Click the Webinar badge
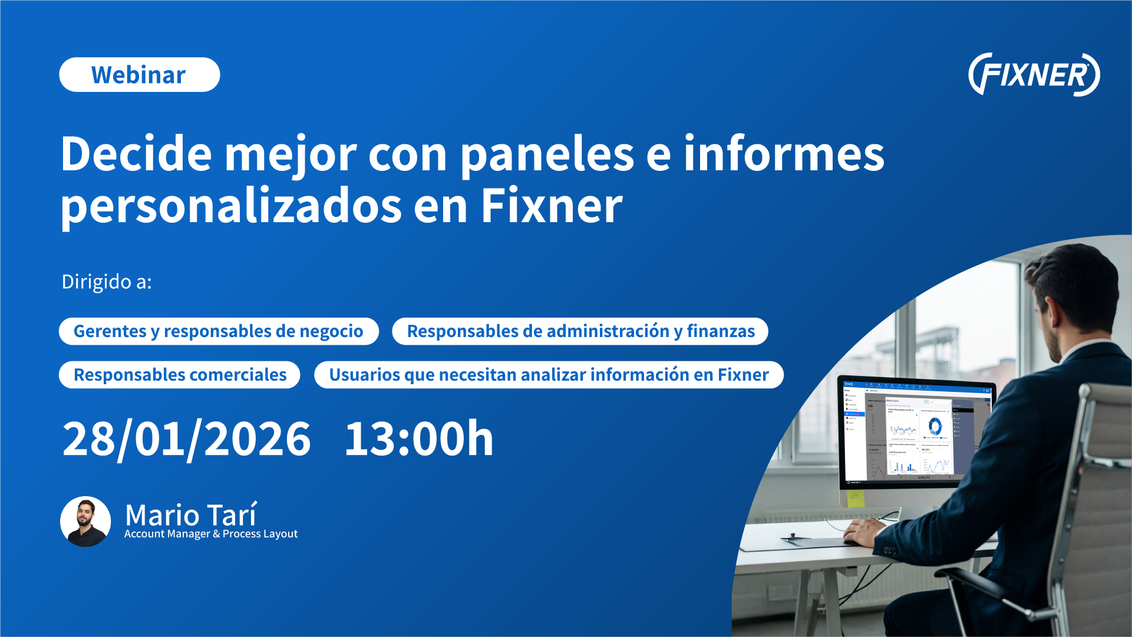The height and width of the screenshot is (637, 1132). point(140,75)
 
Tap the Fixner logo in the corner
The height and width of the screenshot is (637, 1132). point(1034,75)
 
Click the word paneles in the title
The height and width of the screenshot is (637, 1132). point(547,154)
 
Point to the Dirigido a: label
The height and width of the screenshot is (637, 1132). point(107,282)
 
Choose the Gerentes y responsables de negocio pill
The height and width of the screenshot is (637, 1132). point(219,331)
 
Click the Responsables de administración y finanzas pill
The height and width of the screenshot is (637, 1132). point(580,331)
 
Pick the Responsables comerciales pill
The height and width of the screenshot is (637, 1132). point(180,375)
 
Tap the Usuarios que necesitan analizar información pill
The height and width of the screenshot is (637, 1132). point(549,375)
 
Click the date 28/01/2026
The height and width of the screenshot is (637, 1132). point(186,439)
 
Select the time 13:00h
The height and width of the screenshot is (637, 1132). point(418,439)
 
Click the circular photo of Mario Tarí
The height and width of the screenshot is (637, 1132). point(85,522)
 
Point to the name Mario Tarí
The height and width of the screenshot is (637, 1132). point(191,515)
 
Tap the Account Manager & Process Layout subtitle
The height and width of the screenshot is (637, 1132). point(211,534)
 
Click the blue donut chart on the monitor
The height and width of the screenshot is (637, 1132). point(935,425)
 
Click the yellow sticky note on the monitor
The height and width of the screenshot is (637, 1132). point(855,499)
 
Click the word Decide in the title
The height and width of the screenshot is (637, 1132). point(136,154)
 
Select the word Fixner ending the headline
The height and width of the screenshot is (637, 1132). point(552,206)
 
